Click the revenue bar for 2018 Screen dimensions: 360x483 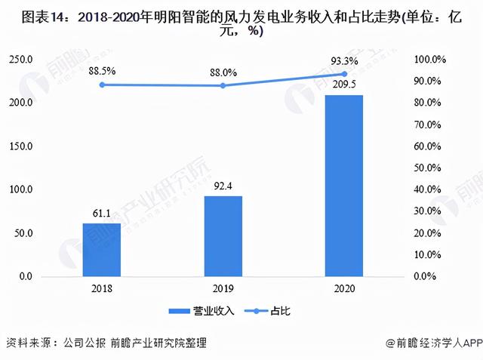102,250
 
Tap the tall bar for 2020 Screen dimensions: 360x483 344,186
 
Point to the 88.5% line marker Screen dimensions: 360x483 102,85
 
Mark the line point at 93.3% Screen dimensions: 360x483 344,74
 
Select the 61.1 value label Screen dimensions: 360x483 102,214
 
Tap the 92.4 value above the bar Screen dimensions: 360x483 223,186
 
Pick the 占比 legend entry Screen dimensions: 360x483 269,310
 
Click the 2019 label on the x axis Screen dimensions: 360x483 223,288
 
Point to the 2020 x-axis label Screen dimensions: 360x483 344,288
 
